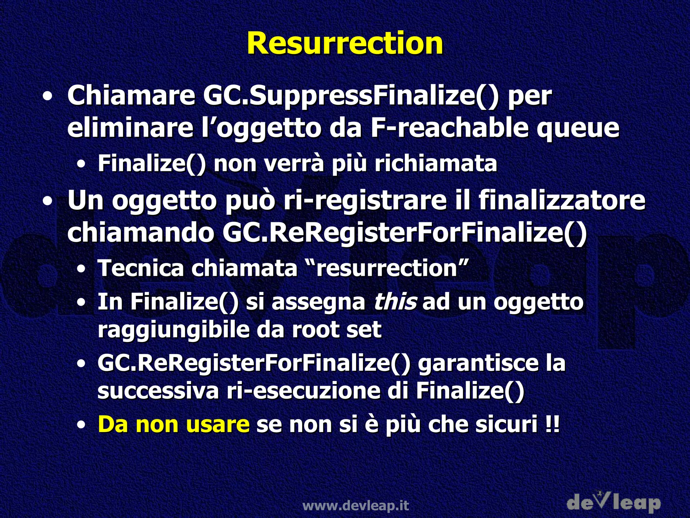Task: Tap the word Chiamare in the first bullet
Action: click(131, 96)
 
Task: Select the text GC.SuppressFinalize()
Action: click(350, 96)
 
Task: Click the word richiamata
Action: click(436, 163)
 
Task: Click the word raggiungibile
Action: click(173, 330)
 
